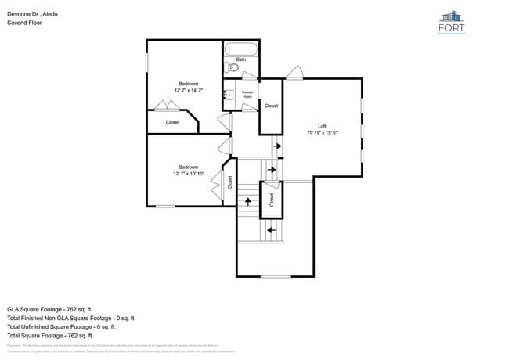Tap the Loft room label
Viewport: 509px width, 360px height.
[x=322, y=126]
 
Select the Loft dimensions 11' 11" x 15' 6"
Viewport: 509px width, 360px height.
[x=322, y=133]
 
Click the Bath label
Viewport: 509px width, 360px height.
[x=241, y=59]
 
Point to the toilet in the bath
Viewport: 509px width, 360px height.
[x=233, y=67]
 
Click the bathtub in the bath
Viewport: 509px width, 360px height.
[x=241, y=49]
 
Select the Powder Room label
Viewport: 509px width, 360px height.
[x=247, y=94]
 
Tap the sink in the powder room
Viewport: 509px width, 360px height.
[x=229, y=95]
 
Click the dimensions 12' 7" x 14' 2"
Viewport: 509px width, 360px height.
[x=188, y=90]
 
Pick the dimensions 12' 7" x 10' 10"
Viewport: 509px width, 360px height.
[x=188, y=173]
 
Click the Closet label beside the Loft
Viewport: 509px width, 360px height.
[x=271, y=106]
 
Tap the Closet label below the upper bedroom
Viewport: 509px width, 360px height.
[x=172, y=122]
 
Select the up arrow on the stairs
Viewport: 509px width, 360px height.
[x=248, y=200]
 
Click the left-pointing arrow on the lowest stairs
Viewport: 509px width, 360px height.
[x=271, y=230]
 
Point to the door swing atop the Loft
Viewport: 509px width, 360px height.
[x=294, y=73]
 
